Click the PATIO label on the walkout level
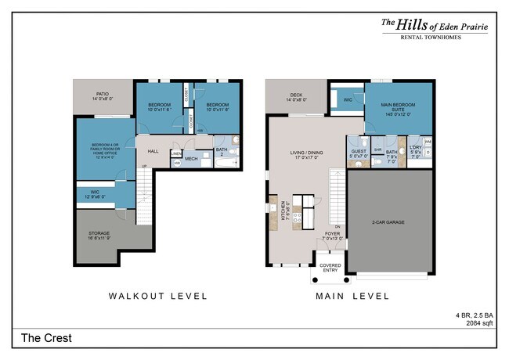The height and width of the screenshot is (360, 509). [x=103, y=95]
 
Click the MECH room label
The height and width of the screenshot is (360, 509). [x=191, y=160]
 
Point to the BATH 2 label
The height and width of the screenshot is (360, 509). [x=222, y=152]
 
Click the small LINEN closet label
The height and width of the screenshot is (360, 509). [x=176, y=154]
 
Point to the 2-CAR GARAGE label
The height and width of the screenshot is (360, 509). [x=388, y=222]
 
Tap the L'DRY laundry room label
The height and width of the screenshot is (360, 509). [x=415, y=151]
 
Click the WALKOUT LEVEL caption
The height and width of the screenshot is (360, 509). [x=157, y=296]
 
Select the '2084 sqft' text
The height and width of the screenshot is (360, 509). [x=480, y=322]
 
